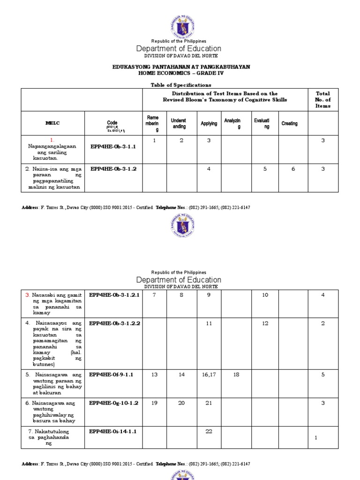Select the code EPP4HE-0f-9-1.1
tap(112, 375)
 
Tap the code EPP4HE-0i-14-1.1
tap(112, 431)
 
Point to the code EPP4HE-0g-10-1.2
tap(113, 403)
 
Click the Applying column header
tap(209, 124)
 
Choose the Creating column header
tap(289, 124)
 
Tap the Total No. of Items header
tap(322, 100)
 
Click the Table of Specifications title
tap(180, 85)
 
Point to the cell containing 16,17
tap(209, 375)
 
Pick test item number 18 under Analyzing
tap(237, 375)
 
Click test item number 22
tap(209, 431)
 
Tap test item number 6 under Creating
tap(293, 169)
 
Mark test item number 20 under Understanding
tap(181, 403)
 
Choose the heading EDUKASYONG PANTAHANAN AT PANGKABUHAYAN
tap(180, 67)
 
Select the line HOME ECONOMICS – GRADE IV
tap(180, 74)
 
